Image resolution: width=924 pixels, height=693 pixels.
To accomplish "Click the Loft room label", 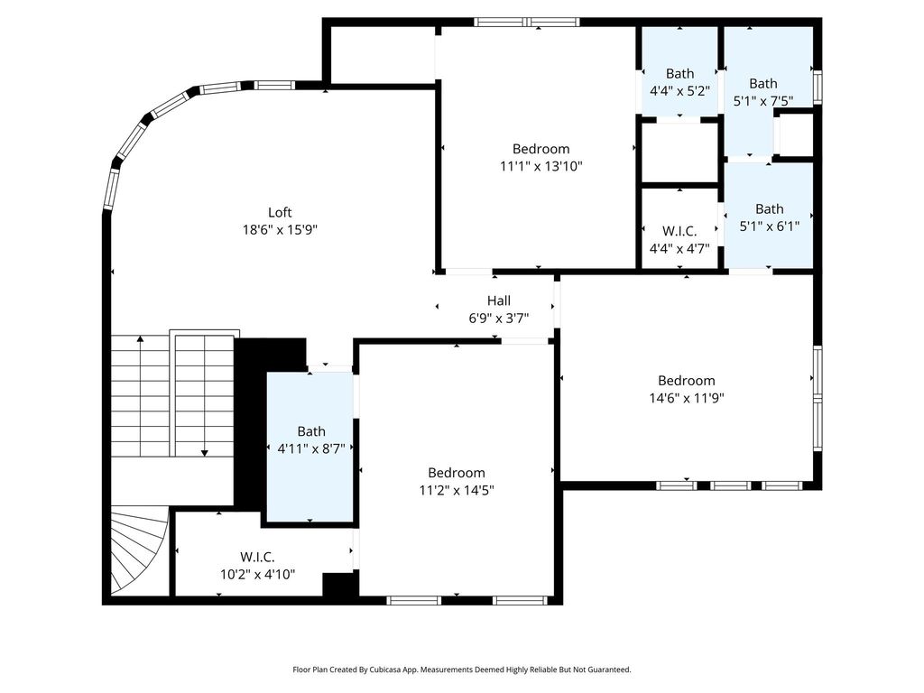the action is (x=280, y=212).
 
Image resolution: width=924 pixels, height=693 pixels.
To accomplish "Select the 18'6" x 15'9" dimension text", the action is (x=280, y=229).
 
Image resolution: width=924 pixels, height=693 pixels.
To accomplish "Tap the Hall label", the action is (x=498, y=300).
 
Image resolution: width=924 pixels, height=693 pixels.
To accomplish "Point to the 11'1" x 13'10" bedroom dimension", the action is (x=541, y=166).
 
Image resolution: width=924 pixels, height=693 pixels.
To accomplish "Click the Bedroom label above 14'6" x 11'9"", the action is (x=687, y=381).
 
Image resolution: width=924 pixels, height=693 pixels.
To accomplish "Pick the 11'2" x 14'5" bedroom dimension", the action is (x=457, y=490).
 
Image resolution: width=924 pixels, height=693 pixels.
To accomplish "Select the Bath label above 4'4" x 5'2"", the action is (x=680, y=74).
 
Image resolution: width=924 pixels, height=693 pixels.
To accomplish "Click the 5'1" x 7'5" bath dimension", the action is (x=763, y=101).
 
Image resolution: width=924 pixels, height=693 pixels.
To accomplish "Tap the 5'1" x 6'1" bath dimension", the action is (x=770, y=226).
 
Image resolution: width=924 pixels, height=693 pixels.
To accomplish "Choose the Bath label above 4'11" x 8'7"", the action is (x=311, y=431).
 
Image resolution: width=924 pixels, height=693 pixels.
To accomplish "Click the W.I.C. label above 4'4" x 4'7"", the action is (x=679, y=231).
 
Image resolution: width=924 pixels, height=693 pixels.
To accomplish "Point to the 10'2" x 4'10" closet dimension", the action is (x=257, y=574).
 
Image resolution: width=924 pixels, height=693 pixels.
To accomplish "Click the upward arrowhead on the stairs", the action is (x=140, y=339).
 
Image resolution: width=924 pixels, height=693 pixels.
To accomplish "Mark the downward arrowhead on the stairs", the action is (x=205, y=453).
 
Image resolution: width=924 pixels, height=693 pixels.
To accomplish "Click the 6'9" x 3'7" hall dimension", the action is (x=498, y=319).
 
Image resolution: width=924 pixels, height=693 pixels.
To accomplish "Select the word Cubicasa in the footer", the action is (x=385, y=670).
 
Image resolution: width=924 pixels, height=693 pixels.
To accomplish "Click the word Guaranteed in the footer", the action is (x=611, y=670).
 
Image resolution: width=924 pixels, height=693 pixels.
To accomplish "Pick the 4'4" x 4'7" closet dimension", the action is (x=679, y=249).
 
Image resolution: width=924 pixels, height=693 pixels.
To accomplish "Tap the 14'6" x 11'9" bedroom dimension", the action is (x=687, y=398).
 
